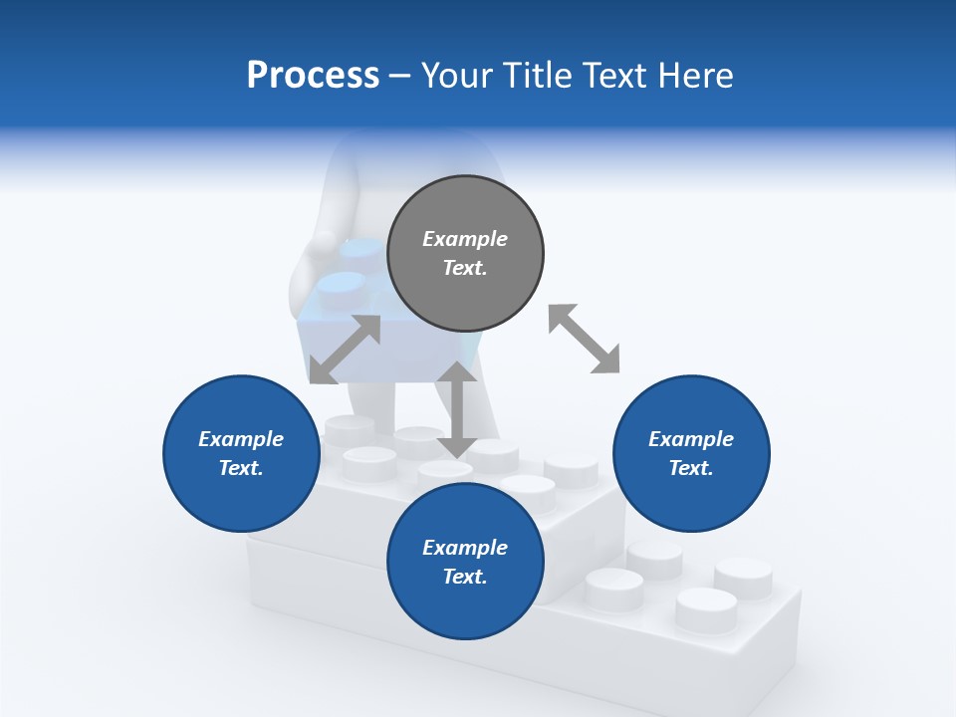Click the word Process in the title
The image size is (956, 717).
pos(313,76)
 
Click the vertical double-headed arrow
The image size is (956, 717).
pos(457,409)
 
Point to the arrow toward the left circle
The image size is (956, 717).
pos(345,350)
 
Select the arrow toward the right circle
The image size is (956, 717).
pos(584,339)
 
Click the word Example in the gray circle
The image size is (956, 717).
pos(465,239)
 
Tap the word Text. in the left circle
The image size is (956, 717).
pos(241,468)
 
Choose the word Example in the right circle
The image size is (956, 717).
pos(691,439)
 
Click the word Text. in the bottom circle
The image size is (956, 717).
pos(465,577)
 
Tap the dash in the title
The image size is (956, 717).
pos(400,76)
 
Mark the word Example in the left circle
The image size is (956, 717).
pos(241,439)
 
